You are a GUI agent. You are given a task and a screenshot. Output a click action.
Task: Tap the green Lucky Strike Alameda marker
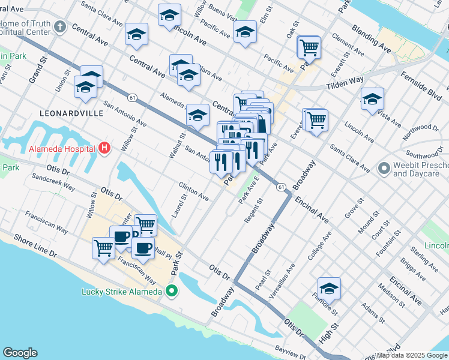point(172,292)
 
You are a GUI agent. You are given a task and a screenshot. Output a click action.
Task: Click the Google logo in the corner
point(20,353)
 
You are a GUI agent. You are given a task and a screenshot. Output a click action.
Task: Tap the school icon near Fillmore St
point(329,289)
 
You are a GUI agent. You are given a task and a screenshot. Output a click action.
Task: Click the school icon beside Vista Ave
point(372,99)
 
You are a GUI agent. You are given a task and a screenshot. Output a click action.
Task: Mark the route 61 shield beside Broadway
point(281,188)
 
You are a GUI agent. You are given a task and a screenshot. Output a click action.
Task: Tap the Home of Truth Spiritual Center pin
point(59,27)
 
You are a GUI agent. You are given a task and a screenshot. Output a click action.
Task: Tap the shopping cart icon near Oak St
point(309,47)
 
